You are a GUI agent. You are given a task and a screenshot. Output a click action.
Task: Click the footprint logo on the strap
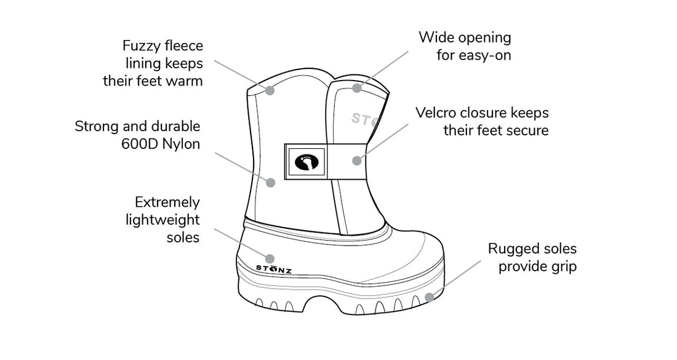point(306,162)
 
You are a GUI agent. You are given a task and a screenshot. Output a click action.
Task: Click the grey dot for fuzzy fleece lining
point(269,90)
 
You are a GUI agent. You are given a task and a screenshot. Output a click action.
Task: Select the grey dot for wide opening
point(356,88)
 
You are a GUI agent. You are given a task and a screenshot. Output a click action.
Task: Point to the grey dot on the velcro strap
point(356,161)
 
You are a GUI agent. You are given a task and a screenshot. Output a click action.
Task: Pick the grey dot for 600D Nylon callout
point(269,182)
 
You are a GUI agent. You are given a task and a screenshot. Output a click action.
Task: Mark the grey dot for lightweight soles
point(269,257)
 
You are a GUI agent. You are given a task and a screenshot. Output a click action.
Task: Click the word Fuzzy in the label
point(141,46)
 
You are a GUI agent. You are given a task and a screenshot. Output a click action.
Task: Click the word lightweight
point(162,220)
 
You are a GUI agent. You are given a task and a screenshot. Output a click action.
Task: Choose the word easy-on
point(484,55)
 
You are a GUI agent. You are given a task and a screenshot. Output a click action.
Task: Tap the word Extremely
point(167,202)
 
